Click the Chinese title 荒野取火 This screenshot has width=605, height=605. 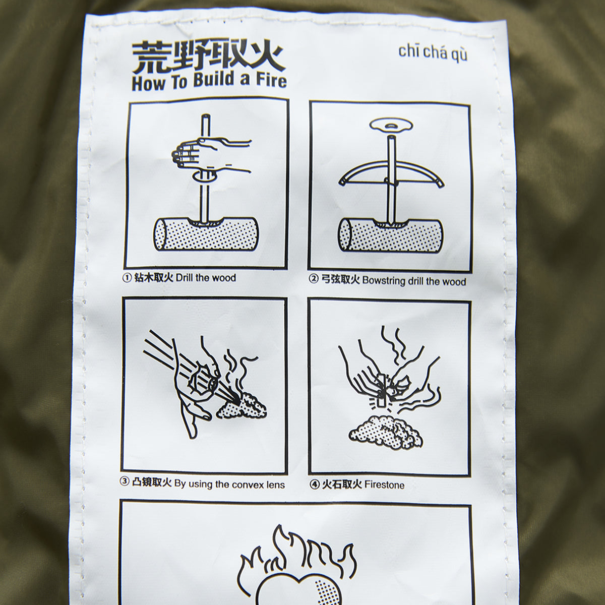click(208, 58)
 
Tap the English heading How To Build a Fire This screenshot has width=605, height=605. click(209, 82)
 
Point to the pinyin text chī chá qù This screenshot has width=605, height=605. click(433, 52)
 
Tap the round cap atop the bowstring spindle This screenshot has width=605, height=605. click(390, 126)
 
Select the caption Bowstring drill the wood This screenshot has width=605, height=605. click(394, 281)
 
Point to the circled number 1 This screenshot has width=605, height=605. click(127, 277)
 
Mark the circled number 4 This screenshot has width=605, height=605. click(314, 485)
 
